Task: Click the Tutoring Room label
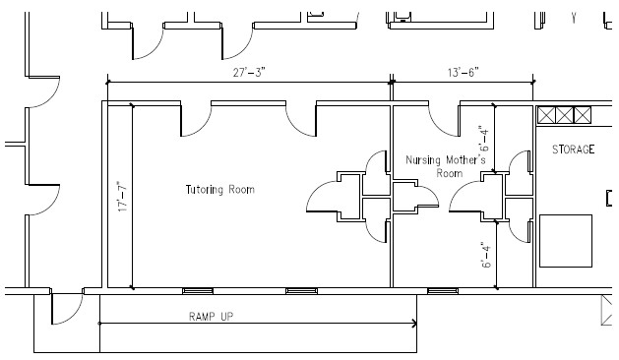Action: coord(219,190)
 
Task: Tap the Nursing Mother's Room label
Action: coord(446,166)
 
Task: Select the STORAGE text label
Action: coord(573,150)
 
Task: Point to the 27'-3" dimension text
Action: coord(249,72)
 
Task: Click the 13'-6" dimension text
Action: coord(464,72)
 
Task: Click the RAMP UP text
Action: coord(212,316)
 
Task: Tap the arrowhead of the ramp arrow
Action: coord(414,324)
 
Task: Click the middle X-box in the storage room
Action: coord(564,115)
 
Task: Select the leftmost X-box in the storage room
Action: coord(547,115)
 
